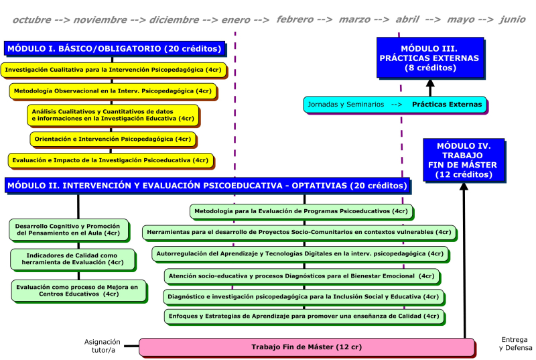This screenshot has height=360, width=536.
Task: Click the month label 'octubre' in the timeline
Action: pyautogui.click(x=31, y=19)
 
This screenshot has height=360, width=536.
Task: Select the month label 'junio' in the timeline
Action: pyautogui.click(x=512, y=19)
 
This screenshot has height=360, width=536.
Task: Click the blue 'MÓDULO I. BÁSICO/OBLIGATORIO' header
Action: pyautogui.click(x=115, y=49)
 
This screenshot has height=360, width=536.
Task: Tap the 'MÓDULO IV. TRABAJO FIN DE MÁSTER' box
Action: pyautogui.click(x=464, y=160)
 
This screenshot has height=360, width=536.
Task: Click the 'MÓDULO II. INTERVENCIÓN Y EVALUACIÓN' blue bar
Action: pyautogui.click(x=206, y=186)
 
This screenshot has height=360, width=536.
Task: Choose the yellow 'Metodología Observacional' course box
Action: pyautogui.click(x=113, y=91)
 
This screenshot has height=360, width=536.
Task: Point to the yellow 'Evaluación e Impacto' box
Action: pyautogui.click(x=111, y=160)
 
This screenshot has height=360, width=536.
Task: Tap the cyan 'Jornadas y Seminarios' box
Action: pyautogui.click(x=395, y=105)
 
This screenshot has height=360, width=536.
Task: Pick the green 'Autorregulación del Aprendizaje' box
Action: pyautogui.click(x=299, y=254)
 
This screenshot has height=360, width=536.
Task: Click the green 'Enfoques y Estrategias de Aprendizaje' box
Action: pyautogui.click(x=304, y=316)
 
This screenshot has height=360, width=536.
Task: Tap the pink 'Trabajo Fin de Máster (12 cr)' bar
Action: pyautogui.click(x=306, y=347)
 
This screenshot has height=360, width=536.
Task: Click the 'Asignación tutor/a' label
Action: pyautogui.click(x=102, y=345)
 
